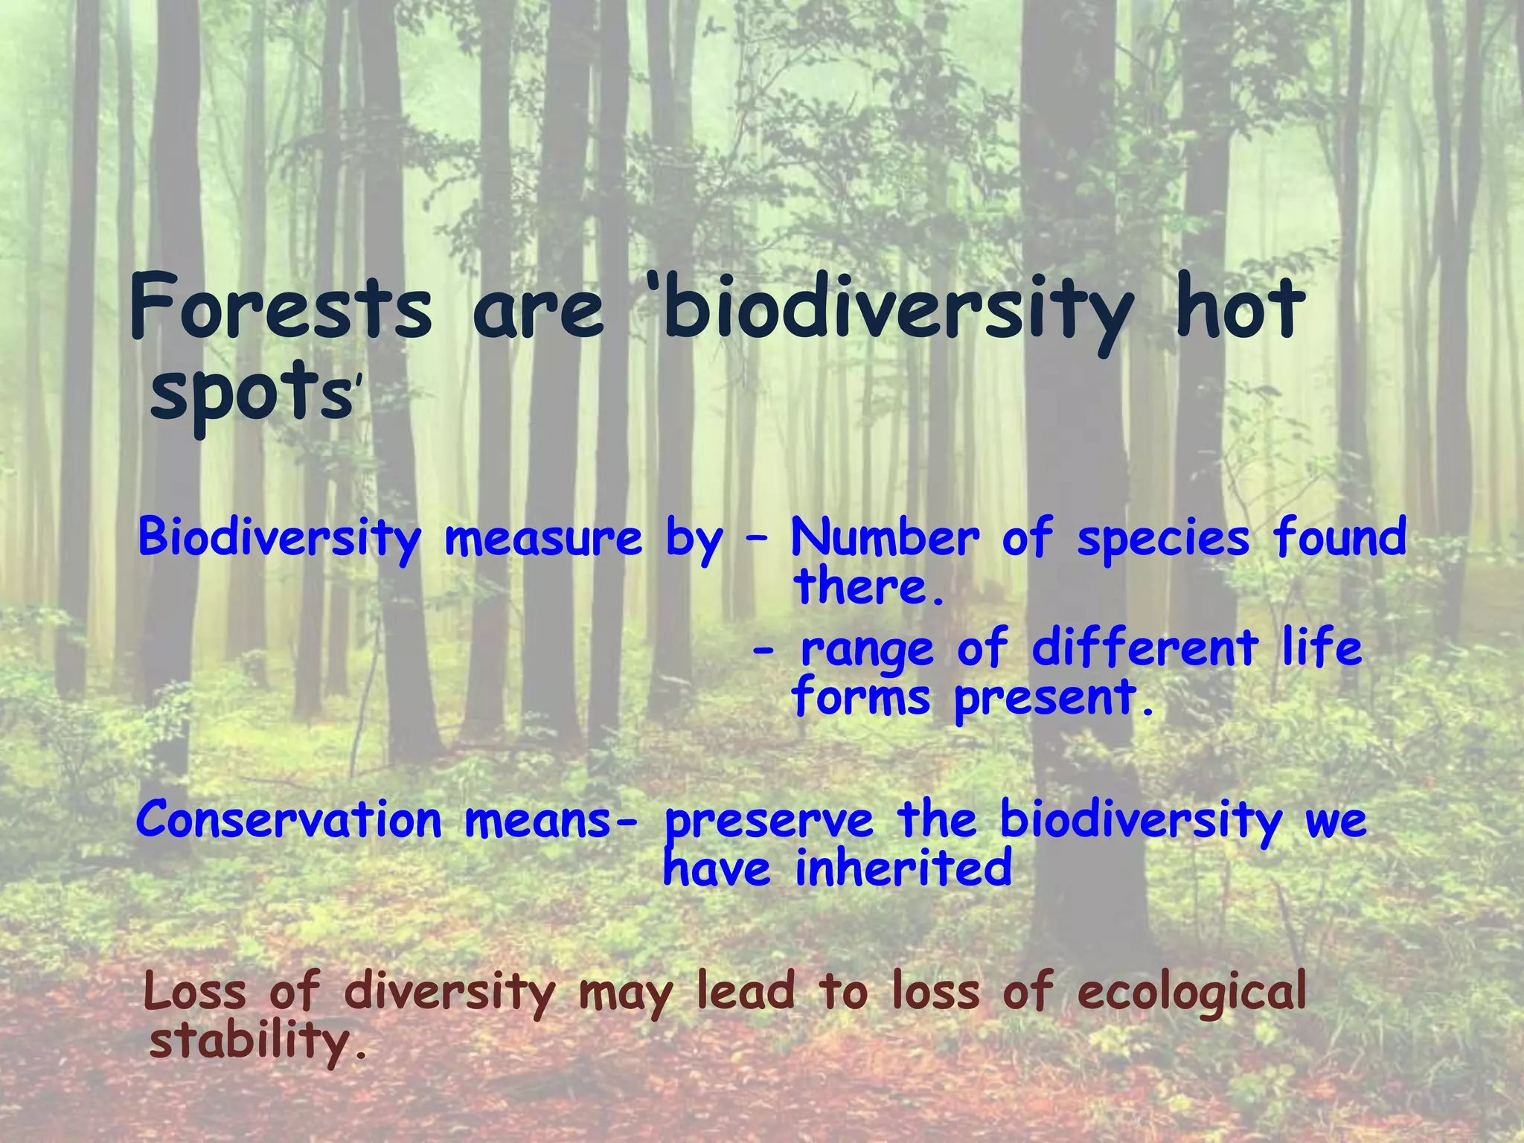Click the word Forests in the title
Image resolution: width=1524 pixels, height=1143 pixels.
click(280, 307)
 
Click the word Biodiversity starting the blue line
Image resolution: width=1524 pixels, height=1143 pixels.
click(280, 537)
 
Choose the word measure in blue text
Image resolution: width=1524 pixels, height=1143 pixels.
click(542, 537)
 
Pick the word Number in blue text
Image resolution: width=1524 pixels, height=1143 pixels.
click(885, 537)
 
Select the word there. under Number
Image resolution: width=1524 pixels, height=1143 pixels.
click(869, 587)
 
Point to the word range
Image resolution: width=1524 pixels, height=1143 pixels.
click(866, 650)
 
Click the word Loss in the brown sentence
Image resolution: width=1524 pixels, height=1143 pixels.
click(194, 992)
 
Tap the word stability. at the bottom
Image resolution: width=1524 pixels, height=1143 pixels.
click(257, 1041)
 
